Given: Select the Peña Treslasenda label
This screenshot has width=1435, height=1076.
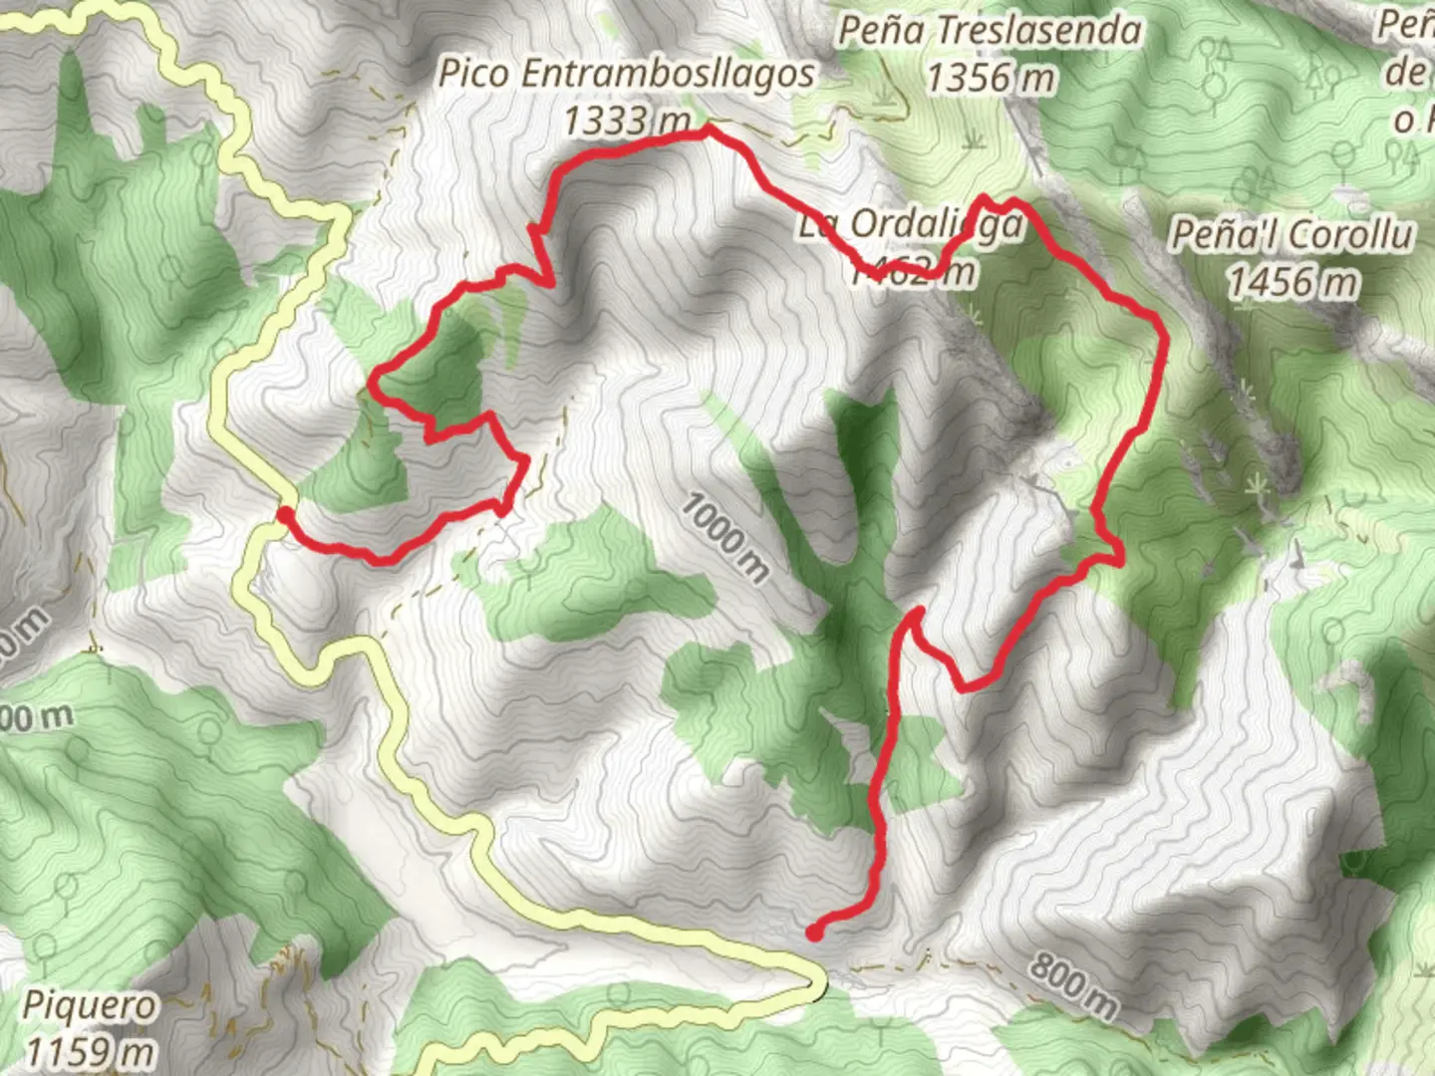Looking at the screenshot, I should pos(989,31).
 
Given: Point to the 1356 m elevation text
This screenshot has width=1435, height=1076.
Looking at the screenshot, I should pos(989,77).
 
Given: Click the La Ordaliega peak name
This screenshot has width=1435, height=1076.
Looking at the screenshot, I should pos(910,225).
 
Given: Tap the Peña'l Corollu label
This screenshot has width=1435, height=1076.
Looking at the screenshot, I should pos(1291,235).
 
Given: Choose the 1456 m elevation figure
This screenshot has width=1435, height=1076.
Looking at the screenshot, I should pos(1291,282).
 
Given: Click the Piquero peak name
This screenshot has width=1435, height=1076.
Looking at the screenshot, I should pos(90,1005).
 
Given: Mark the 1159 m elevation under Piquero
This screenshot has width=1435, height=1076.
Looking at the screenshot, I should pos(90,1051).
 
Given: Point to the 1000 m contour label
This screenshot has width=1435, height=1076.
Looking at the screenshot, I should pos(725,538).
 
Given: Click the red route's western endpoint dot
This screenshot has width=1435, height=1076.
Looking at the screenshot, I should pos(284,514).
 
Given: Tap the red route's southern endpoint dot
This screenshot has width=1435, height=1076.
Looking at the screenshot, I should pos(814,933).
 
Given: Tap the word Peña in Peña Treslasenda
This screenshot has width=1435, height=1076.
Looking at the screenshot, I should pos(876,31).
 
